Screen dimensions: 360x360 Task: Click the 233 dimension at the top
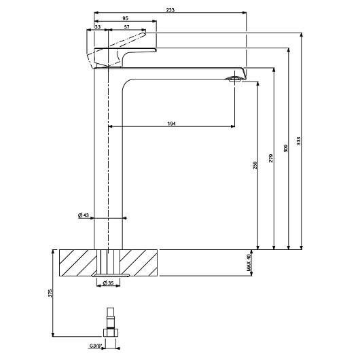pyautogui.click(x=169, y=10)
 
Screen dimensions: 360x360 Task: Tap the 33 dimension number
pyautogui.click(x=99, y=26)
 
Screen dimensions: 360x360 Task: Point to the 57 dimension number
pyautogui.click(x=127, y=26)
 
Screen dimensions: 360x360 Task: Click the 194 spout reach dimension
pyautogui.click(x=171, y=123)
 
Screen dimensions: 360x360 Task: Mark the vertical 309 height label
pyautogui.click(x=287, y=149)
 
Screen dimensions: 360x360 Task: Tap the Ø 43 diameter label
pyautogui.click(x=84, y=215)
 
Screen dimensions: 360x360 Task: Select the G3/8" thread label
pyautogui.click(x=95, y=346)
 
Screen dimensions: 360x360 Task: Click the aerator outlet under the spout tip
pyautogui.click(x=234, y=79)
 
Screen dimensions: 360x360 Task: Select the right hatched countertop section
pyautogui.click(x=140, y=262)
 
